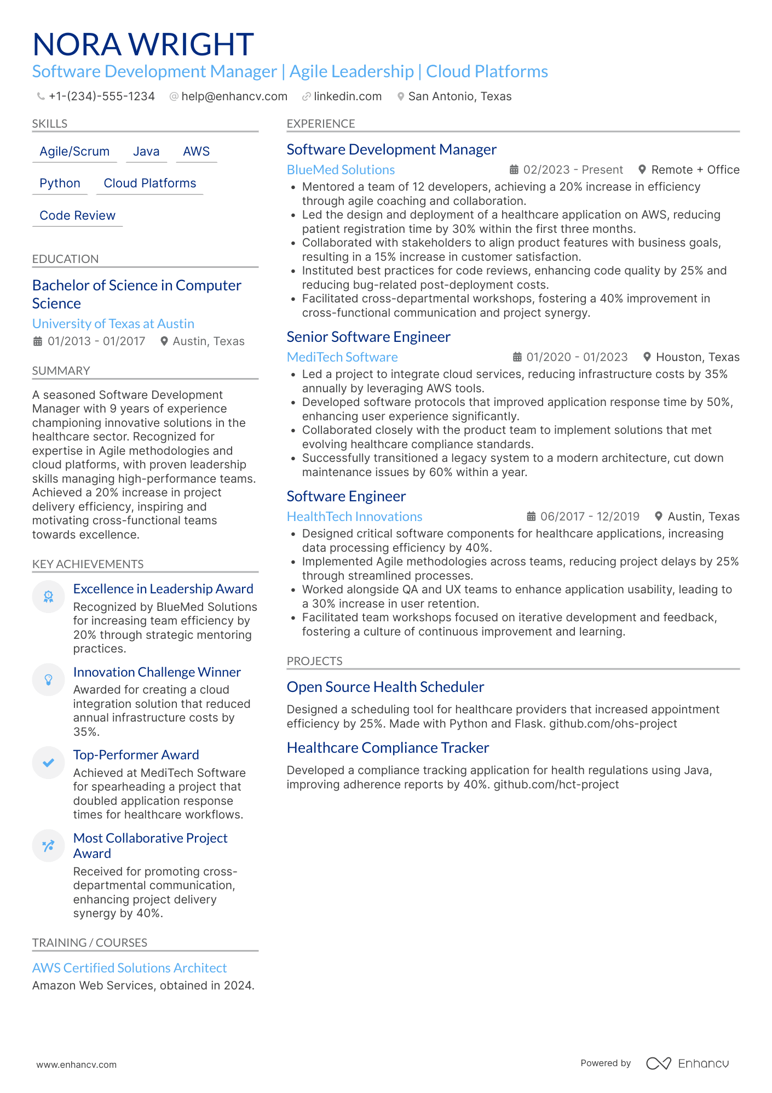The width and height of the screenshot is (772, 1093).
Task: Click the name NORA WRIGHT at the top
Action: tap(143, 44)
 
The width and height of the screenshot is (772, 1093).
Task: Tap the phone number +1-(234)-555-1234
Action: tap(101, 96)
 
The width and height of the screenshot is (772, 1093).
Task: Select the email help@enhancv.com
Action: tap(234, 96)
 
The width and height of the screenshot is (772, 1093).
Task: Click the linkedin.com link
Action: tap(347, 96)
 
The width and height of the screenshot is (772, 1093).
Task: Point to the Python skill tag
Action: tap(60, 184)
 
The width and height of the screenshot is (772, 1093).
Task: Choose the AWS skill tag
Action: tap(196, 152)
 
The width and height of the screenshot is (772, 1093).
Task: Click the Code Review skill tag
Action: tap(77, 216)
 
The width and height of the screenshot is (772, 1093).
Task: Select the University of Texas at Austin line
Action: tap(113, 324)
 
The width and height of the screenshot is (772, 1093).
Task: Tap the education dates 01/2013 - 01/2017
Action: tap(96, 341)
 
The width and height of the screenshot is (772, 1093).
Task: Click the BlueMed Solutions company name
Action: tap(341, 170)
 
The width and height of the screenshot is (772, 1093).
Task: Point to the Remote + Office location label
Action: tap(695, 170)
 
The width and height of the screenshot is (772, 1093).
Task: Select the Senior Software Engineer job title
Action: tap(368, 337)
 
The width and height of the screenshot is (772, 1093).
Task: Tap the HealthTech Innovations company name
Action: tap(354, 517)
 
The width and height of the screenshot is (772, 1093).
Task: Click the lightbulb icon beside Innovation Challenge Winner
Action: tap(49, 680)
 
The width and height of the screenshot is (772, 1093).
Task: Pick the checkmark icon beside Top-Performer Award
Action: tap(49, 763)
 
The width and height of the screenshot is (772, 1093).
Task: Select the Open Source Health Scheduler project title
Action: tap(385, 687)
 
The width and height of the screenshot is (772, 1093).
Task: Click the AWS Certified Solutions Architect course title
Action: tap(129, 968)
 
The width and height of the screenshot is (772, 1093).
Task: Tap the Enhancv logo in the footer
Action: tap(688, 1063)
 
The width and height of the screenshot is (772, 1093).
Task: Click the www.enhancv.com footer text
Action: tap(77, 1065)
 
